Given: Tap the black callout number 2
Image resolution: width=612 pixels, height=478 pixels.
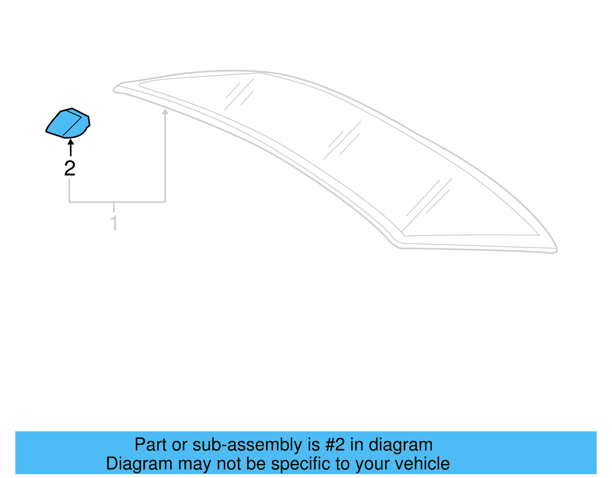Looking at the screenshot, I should (70, 168).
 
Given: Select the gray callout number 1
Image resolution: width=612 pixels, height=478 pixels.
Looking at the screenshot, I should (114, 222).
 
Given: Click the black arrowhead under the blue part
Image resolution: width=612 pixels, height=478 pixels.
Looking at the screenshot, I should (70, 142).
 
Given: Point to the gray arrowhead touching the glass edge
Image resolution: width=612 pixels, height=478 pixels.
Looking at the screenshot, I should (165, 111).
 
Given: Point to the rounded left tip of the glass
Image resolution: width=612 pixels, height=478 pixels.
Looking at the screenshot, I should (115, 90).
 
